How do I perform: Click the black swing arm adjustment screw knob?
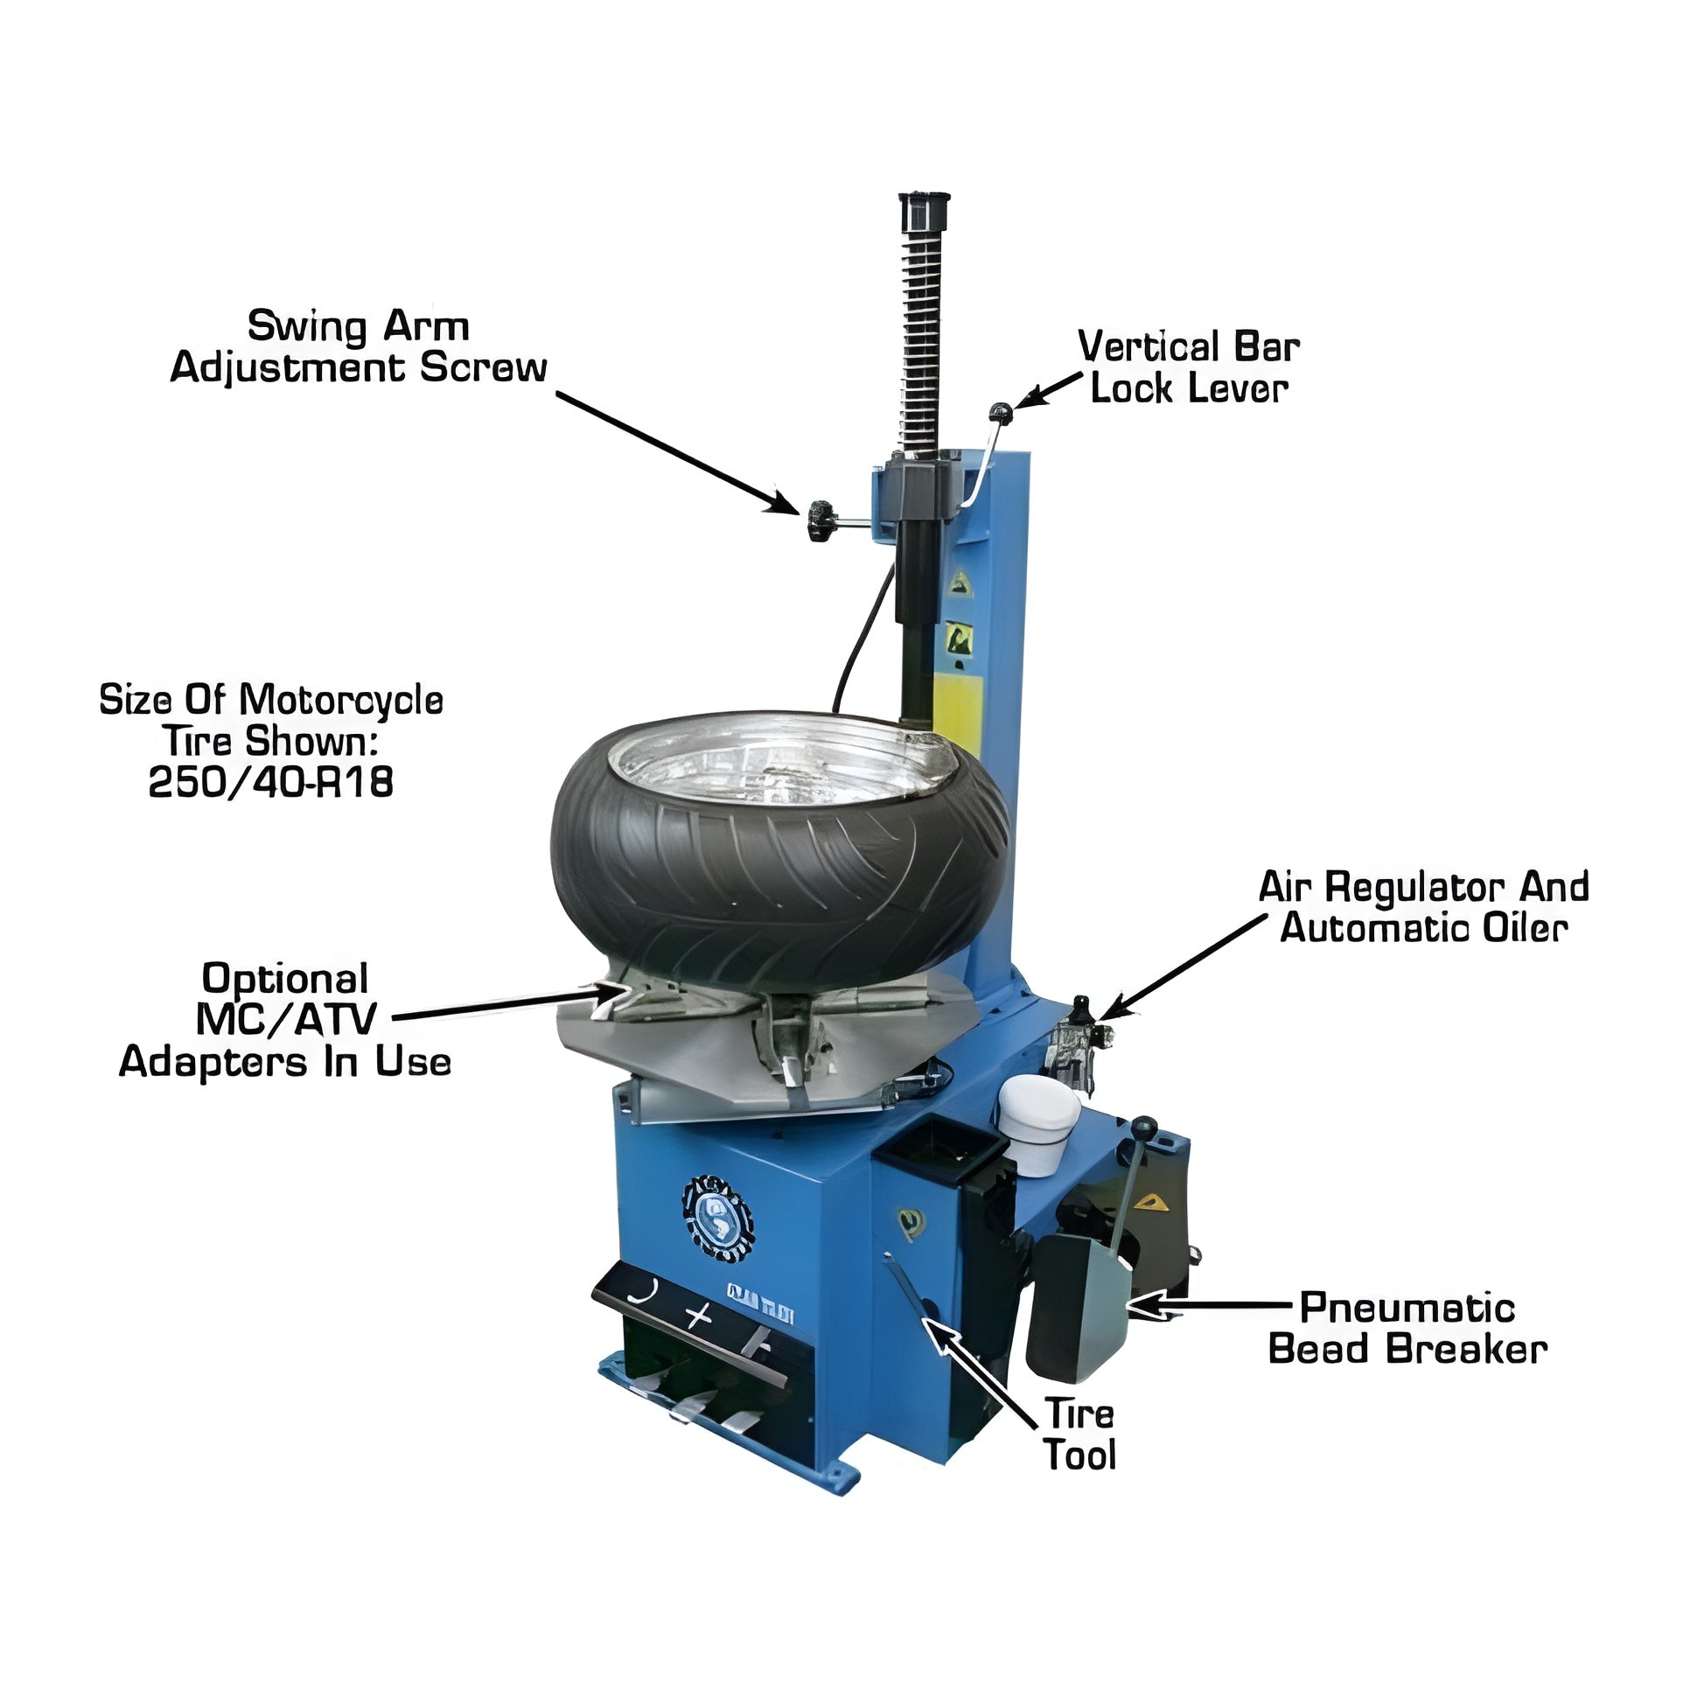[820, 520]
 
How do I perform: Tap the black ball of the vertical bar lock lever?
[1000, 410]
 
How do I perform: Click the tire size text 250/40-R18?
[271, 783]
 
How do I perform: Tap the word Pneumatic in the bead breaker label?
[1407, 1332]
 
